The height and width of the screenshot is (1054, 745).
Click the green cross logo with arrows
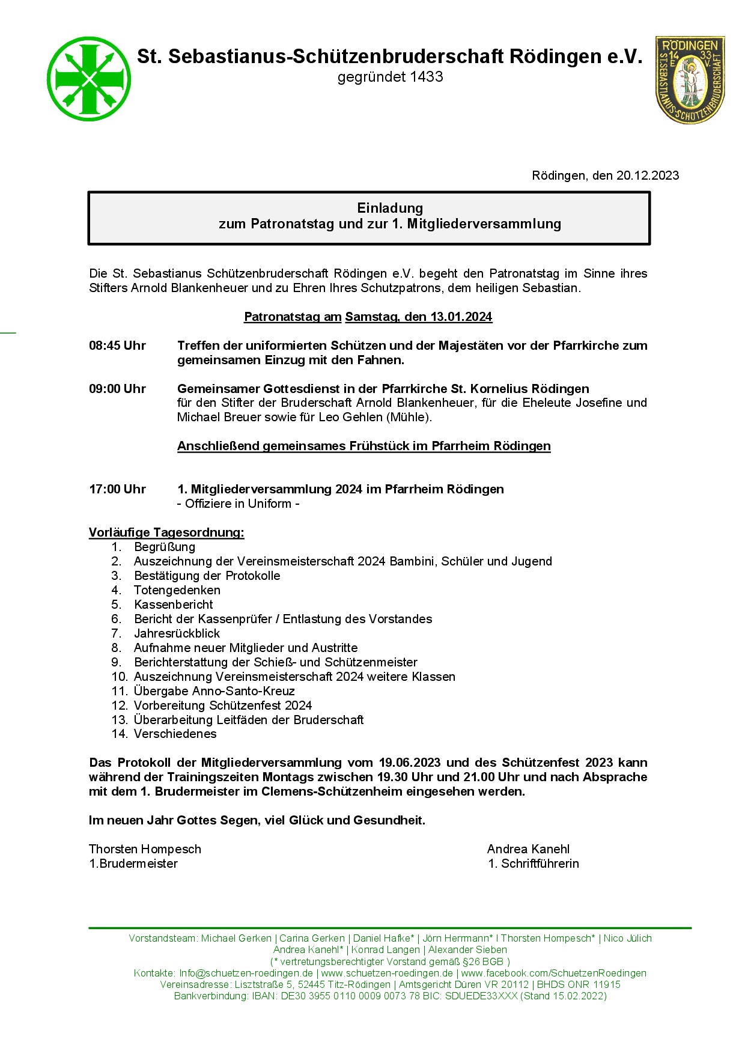(89, 79)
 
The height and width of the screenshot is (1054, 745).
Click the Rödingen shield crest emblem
(690, 79)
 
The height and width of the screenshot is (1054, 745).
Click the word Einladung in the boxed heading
(390, 208)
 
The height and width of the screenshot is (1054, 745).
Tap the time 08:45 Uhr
(117, 346)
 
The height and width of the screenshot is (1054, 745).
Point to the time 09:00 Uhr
(117, 389)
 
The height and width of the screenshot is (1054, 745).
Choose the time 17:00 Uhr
(117, 489)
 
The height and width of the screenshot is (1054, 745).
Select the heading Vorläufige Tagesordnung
(166, 532)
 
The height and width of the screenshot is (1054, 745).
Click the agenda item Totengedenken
(177, 590)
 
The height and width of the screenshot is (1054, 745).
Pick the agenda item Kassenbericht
(173, 605)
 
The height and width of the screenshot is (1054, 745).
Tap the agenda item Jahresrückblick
(177, 633)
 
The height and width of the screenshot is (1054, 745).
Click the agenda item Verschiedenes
(175, 734)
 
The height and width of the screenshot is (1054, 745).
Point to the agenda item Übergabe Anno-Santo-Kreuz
(214, 691)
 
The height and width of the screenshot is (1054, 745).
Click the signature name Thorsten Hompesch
(145, 849)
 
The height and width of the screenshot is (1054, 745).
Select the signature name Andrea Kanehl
(528, 849)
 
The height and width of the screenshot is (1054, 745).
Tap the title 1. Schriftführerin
(534, 864)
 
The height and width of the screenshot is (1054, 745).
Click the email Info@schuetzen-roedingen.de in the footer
(246, 973)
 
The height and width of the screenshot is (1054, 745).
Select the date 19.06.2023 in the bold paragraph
(410, 763)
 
